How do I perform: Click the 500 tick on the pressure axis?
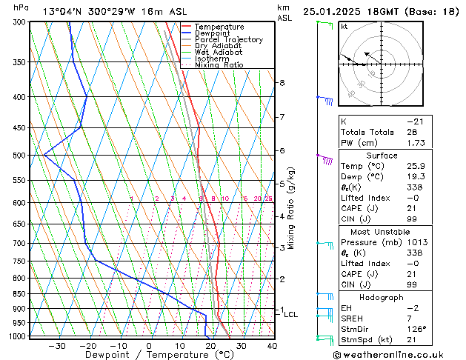point(19,156)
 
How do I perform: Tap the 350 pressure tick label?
point(19,62)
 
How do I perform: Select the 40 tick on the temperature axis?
point(272,345)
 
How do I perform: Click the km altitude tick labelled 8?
point(282,83)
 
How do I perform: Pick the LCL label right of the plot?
point(291,315)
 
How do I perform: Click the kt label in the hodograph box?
point(344,26)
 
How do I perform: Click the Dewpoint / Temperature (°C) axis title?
point(149,355)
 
